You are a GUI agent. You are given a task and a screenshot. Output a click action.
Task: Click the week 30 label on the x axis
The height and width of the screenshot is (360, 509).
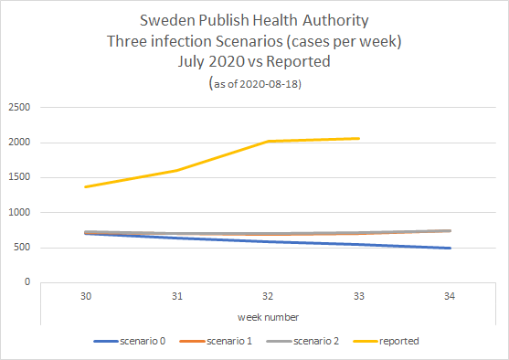click(85, 297)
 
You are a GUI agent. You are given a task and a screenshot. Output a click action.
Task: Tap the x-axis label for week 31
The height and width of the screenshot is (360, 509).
click(176, 297)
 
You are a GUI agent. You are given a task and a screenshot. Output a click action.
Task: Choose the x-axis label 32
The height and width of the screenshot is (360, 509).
click(268, 297)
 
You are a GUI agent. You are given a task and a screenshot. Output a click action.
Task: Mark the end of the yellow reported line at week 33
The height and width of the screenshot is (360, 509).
click(359, 139)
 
